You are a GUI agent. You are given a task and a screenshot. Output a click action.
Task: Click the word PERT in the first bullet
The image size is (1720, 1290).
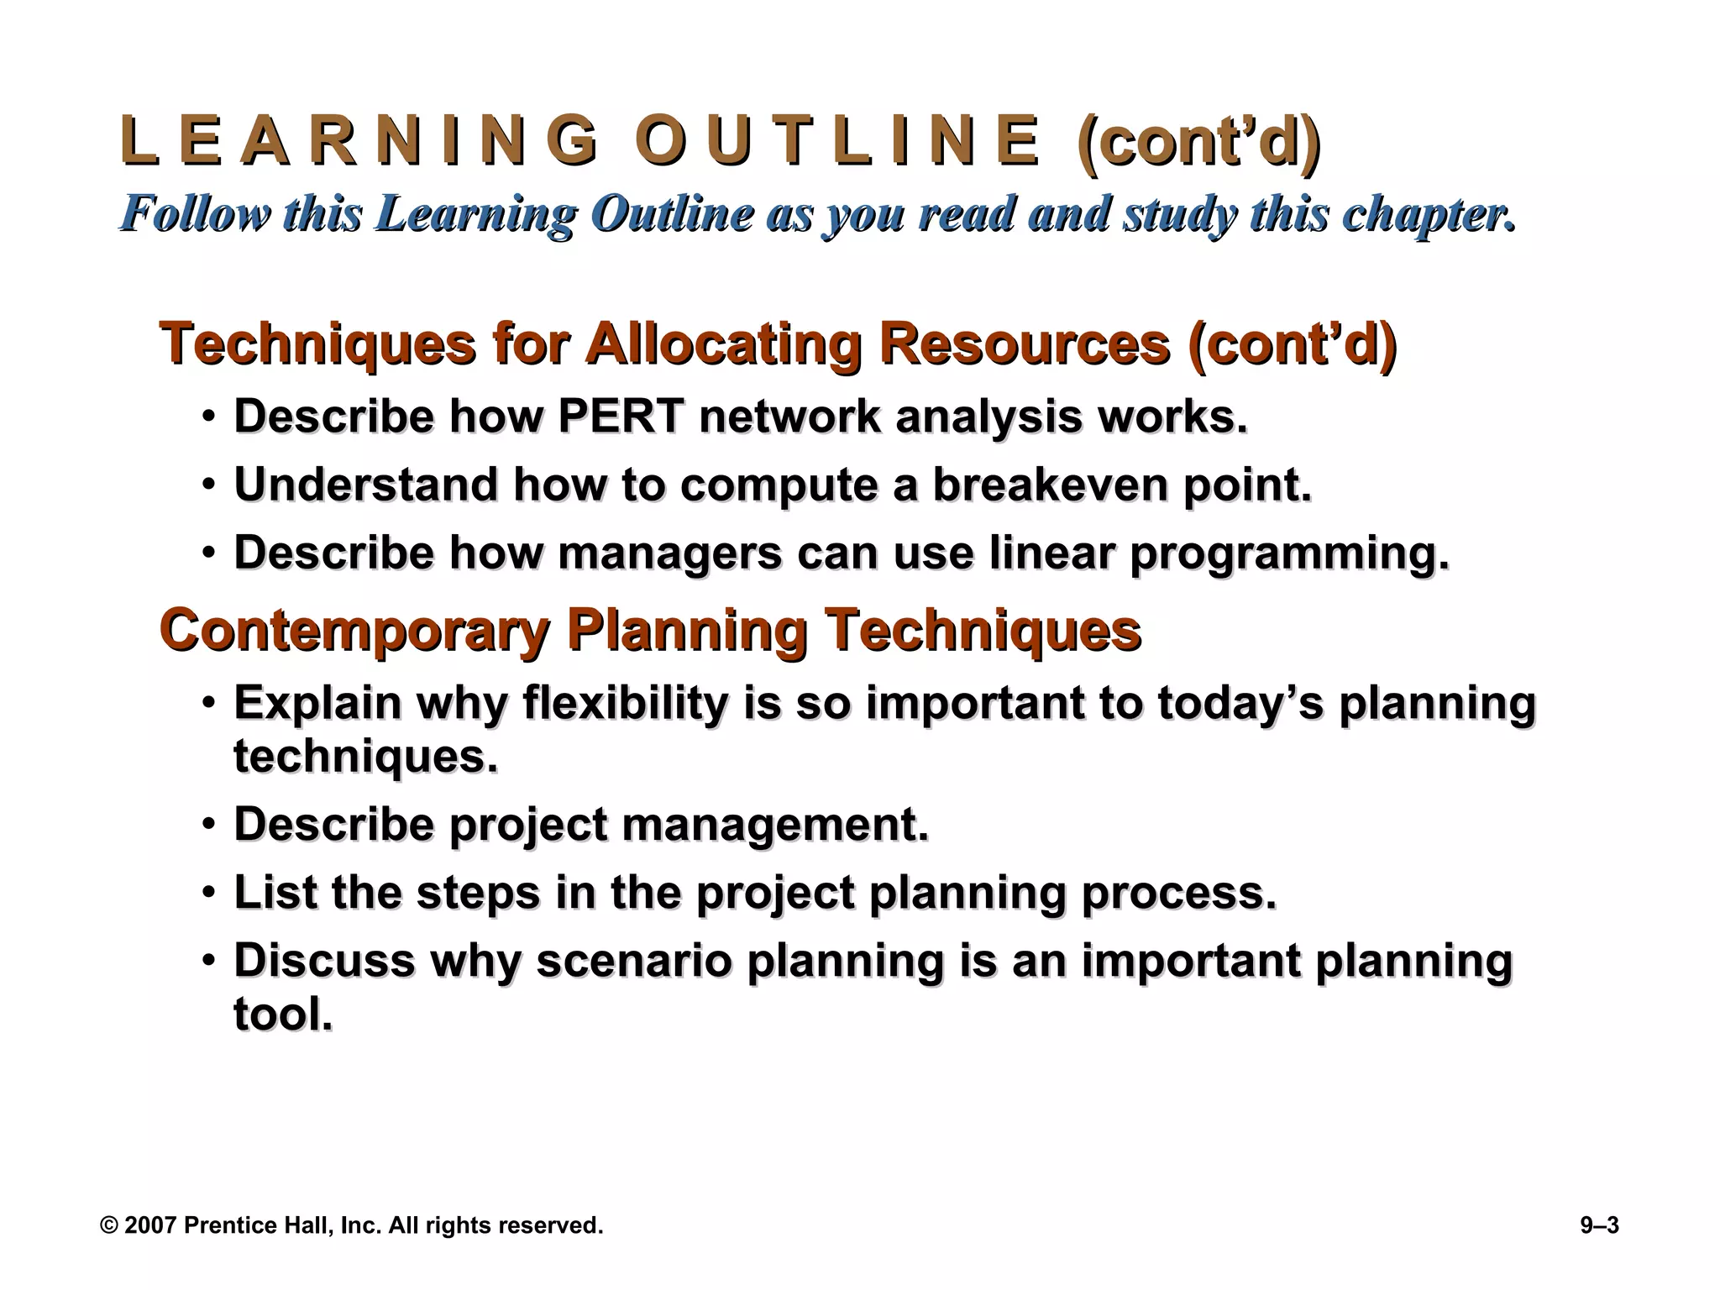(x=621, y=417)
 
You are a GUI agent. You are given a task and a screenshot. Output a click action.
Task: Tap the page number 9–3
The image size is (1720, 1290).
(x=1599, y=1225)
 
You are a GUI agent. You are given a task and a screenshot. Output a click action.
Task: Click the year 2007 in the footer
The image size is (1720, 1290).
(x=150, y=1225)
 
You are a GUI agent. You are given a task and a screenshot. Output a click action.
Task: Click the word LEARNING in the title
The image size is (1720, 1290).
(x=360, y=141)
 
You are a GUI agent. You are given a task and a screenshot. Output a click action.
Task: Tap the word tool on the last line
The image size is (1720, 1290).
(x=282, y=1015)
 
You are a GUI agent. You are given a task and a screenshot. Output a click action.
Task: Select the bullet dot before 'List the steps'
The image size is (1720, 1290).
(x=208, y=893)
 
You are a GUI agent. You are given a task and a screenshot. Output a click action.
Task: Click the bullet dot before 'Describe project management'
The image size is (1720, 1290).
(x=208, y=825)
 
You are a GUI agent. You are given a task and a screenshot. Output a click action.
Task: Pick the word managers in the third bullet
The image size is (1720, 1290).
(x=669, y=553)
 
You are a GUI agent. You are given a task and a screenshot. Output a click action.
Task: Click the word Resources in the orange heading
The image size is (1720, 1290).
(x=1024, y=343)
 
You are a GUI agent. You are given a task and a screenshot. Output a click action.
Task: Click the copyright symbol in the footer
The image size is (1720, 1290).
(x=108, y=1225)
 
